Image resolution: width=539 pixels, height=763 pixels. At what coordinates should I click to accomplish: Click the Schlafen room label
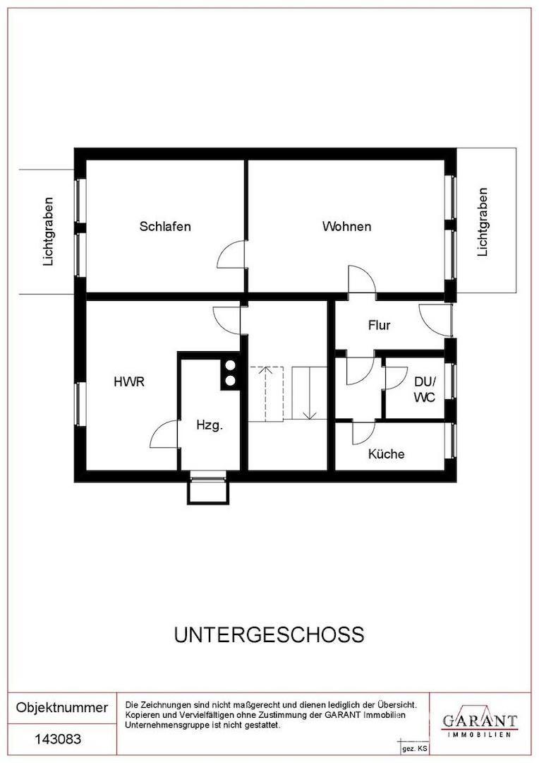point(165,227)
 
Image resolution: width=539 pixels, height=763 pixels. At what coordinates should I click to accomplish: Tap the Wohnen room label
point(346,227)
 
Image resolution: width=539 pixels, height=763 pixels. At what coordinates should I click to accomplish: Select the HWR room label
point(129,382)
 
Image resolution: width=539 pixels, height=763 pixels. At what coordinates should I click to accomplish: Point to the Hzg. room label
point(210,425)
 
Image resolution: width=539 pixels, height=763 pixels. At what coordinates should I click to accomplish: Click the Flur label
point(379,326)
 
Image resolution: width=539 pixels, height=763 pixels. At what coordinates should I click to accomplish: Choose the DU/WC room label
point(424,389)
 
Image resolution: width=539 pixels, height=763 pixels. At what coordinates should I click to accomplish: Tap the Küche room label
point(386,454)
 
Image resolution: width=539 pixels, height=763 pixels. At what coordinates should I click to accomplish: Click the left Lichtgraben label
point(49,231)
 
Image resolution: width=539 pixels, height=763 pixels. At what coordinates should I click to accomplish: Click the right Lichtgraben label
point(483,222)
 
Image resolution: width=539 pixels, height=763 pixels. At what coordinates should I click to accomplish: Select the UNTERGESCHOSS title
point(269,634)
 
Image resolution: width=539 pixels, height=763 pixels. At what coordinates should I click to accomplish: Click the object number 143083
point(58,740)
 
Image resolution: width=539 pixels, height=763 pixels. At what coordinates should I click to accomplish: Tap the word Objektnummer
point(62,708)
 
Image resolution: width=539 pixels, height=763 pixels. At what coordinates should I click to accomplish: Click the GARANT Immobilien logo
point(480,722)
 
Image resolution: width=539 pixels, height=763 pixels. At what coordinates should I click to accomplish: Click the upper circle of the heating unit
point(230,366)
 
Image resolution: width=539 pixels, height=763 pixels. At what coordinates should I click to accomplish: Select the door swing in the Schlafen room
point(231,254)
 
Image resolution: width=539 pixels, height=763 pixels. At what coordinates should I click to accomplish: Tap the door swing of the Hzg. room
point(165,434)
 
